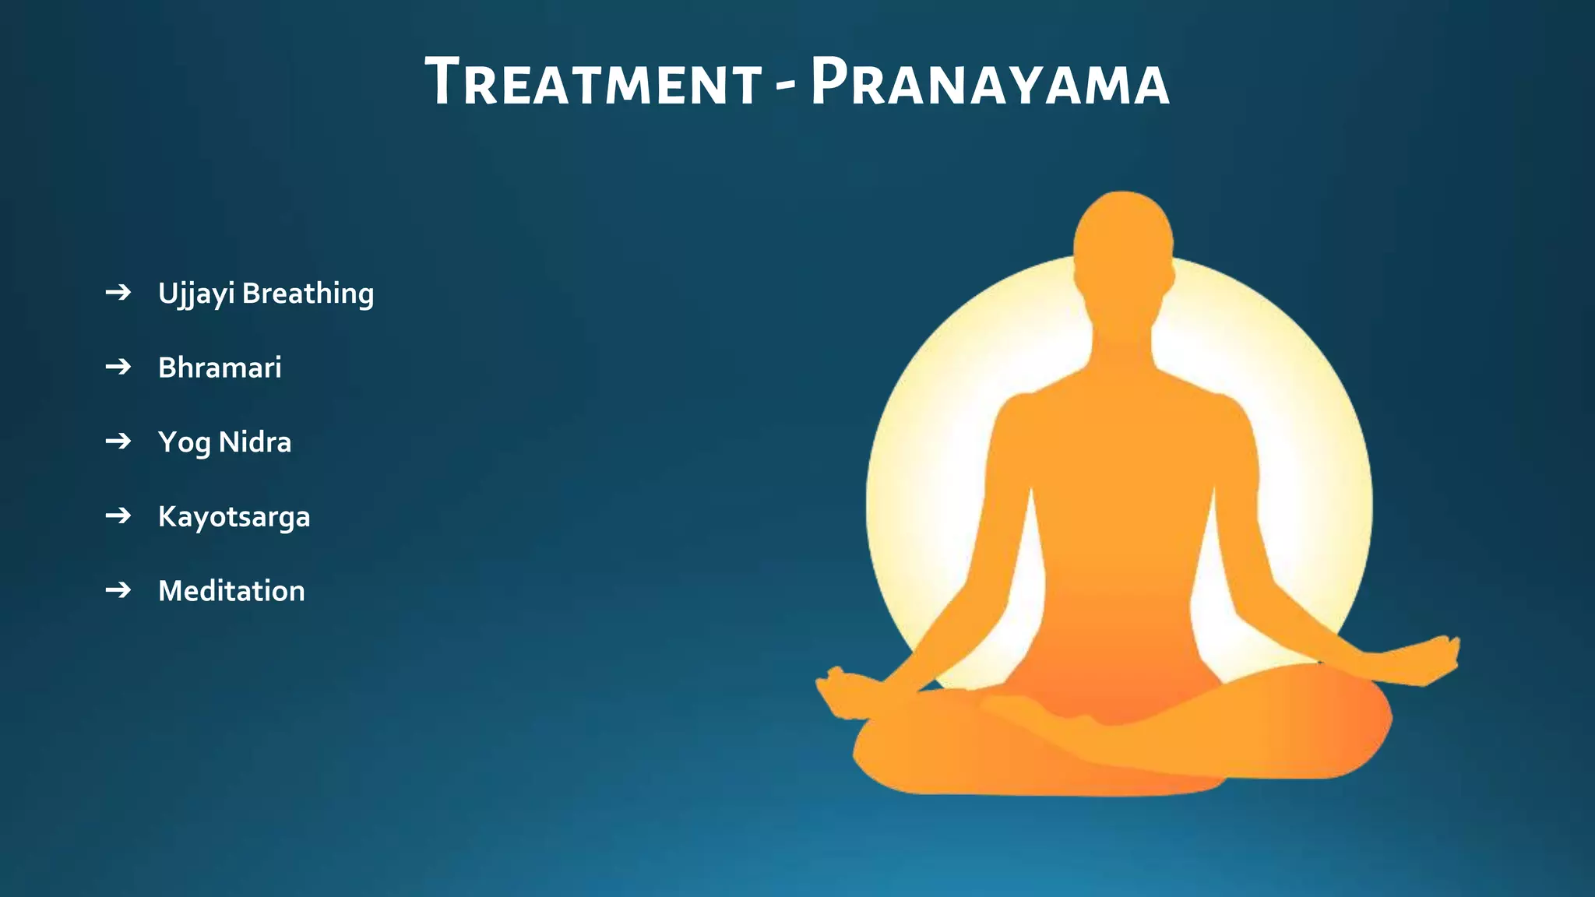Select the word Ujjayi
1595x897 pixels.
196,294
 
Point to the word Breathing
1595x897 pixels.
308,294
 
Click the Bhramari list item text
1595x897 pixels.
220,368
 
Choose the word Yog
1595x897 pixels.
184,442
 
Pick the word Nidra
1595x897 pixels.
255,442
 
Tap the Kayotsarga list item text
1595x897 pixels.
234,517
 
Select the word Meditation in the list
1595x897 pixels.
231,591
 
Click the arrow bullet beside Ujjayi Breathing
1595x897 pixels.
118,293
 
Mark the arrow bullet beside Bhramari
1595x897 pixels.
118,367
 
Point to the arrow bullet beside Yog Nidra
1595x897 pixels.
118,441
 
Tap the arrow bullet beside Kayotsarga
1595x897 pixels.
118,515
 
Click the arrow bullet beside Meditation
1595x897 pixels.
118,590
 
